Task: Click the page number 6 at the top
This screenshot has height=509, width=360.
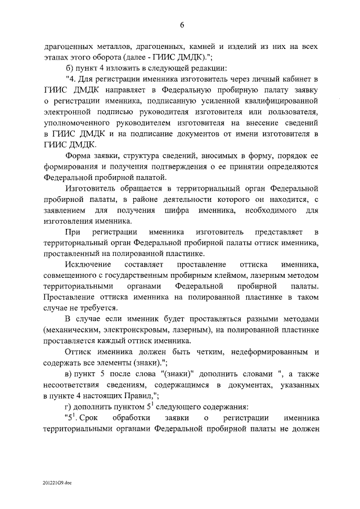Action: point(182,24)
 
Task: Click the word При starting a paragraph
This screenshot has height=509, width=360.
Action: point(73,232)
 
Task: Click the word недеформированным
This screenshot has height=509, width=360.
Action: point(263,352)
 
